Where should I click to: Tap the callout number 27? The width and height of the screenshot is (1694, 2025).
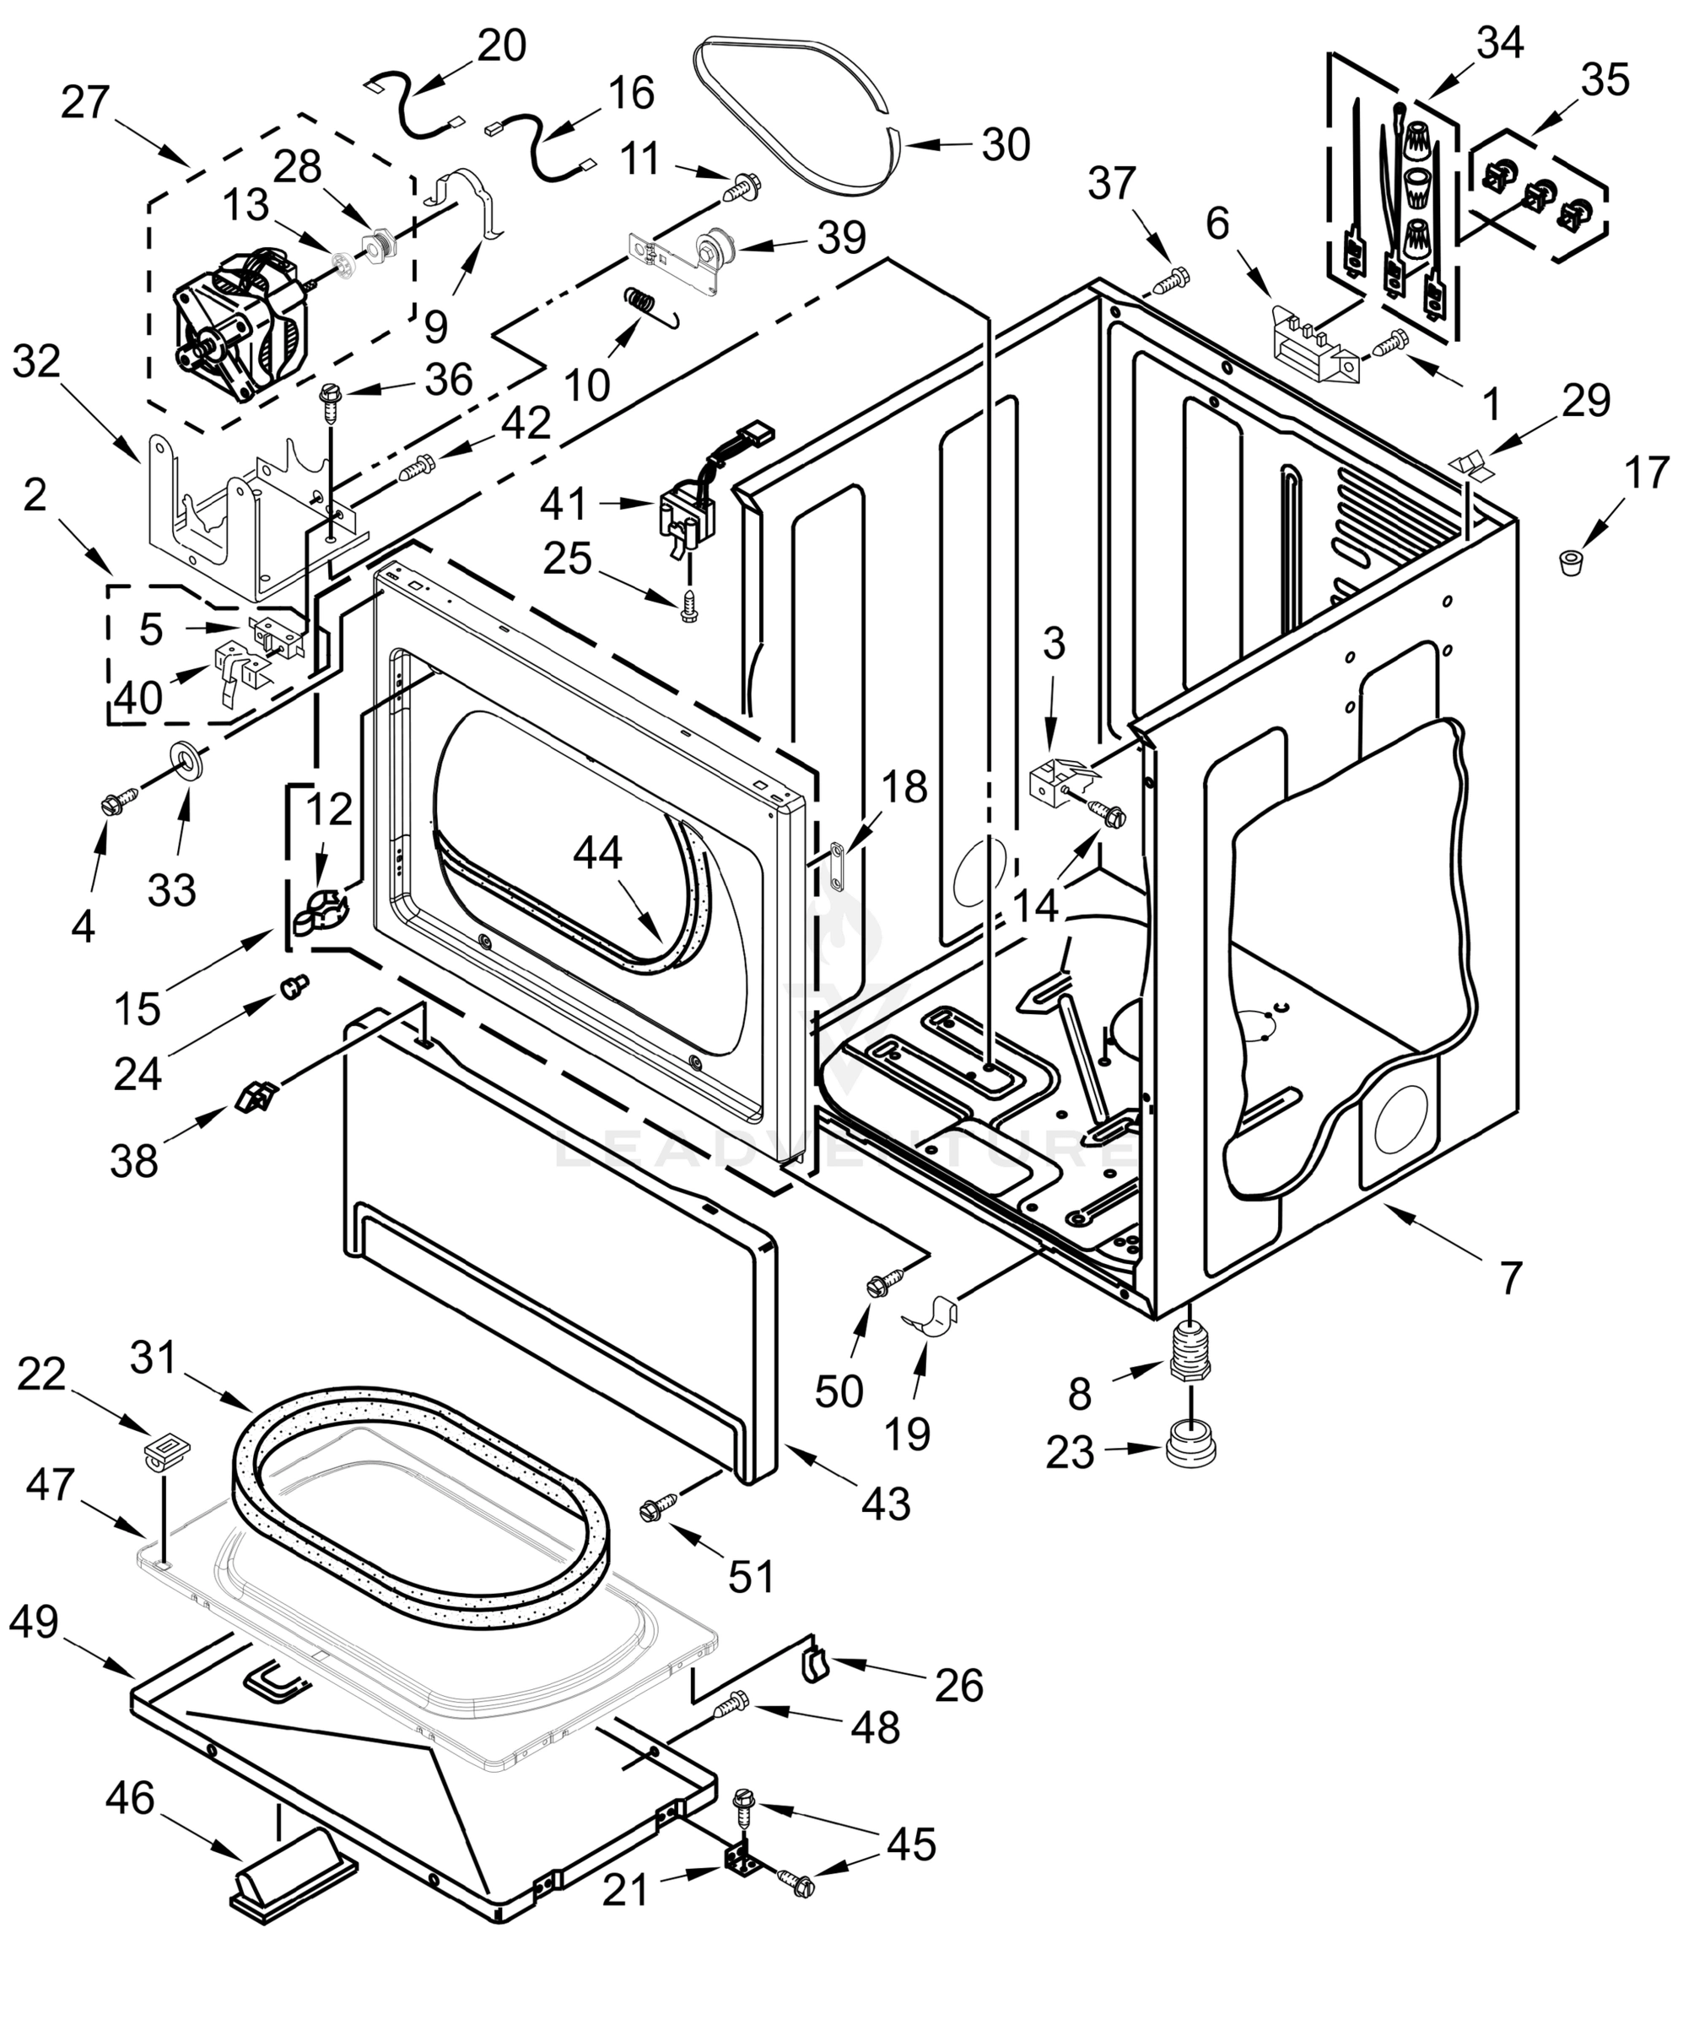(x=85, y=102)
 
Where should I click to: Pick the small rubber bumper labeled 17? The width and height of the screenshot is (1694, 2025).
(x=1573, y=561)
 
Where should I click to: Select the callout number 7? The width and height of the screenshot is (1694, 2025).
(x=1510, y=1277)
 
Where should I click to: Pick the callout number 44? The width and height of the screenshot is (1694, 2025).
(x=598, y=852)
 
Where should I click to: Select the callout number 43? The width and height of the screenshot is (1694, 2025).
(x=886, y=1503)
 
